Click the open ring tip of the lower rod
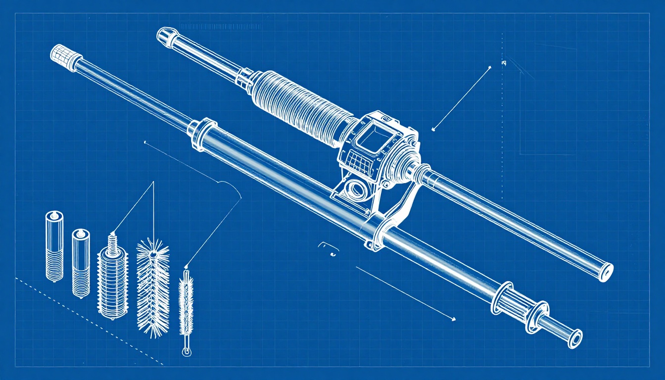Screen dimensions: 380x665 pos(576,339)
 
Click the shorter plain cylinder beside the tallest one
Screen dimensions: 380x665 pos(81,262)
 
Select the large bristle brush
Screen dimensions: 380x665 pos(153,287)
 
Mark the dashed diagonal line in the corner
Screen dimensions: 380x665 pos(89,322)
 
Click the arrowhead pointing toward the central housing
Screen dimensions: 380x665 pos(433,130)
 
